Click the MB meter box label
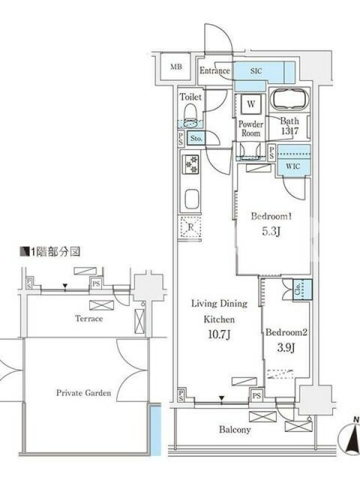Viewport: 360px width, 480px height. coord(176,67)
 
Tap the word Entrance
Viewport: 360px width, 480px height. coord(215,71)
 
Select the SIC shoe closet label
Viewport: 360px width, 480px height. coord(256,71)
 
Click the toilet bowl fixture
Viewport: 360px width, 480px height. coord(190,116)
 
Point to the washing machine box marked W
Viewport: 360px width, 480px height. coord(251,104)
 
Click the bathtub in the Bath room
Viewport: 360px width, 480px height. coord(290,98)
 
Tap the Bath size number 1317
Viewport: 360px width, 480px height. coord(290,131)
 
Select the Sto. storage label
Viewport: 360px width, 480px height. coord(196,139)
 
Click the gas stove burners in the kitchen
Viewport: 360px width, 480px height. coord(191,164)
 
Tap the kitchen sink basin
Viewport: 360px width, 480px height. coord(192,199)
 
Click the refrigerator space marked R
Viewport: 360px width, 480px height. coord(190,227)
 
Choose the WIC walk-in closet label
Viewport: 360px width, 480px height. coord(293,167)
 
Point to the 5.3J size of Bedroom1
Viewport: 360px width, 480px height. coord(271,232)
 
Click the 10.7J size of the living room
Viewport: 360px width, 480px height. coord(219,335)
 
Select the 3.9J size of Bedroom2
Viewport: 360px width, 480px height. coord(286,348)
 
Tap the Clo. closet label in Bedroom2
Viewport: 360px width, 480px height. coord(298,289)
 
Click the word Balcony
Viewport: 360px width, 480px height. coord(235,430)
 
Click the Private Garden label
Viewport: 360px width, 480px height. coord(83,393)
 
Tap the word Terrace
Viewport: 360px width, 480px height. coord(89,319)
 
